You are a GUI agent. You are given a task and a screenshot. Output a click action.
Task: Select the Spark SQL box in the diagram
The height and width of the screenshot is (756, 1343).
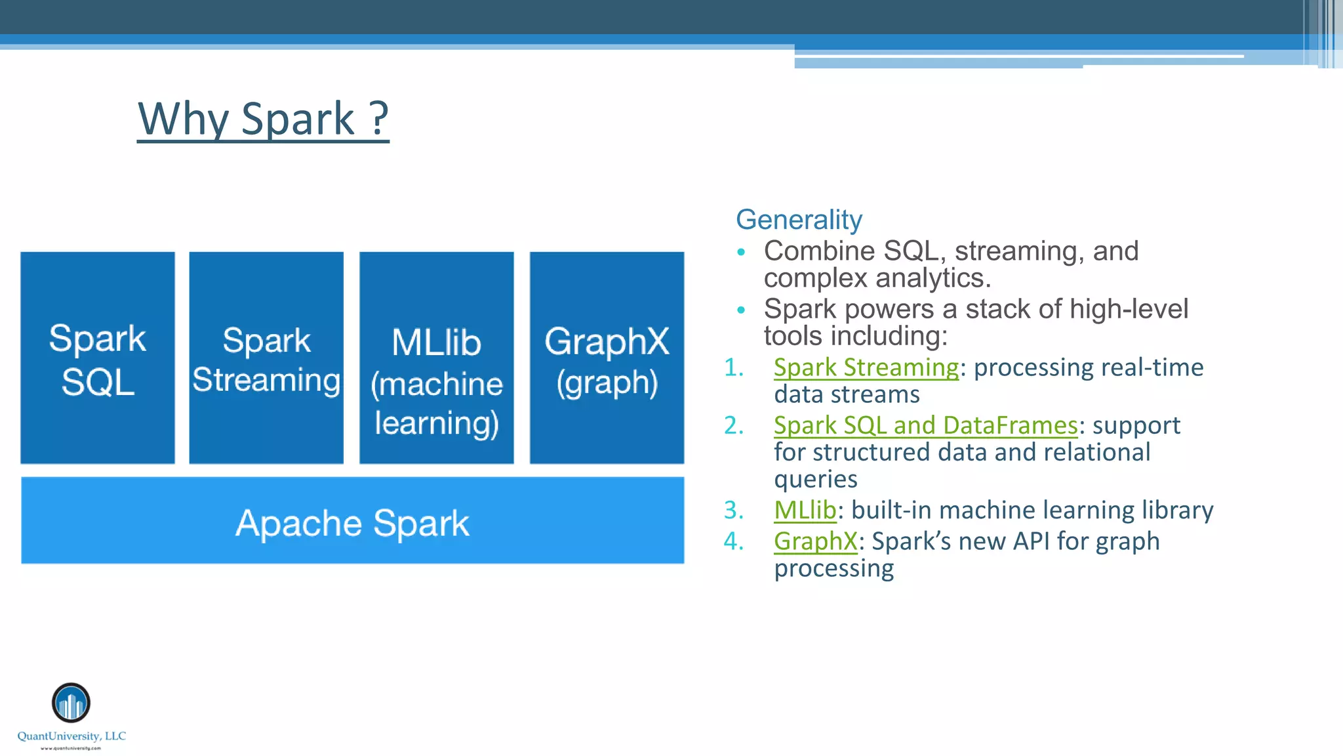[x=98, y=358]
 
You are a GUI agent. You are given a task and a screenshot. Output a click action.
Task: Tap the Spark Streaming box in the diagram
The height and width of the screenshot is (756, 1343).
[x=266, y=358]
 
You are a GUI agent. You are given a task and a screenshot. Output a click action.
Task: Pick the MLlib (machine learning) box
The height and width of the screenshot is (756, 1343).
[x=437, y=358]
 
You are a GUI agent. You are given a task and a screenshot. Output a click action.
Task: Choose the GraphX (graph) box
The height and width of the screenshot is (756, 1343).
[x=607, y=358]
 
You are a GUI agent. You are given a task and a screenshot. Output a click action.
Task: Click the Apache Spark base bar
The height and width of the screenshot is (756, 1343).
[x=352, y=521]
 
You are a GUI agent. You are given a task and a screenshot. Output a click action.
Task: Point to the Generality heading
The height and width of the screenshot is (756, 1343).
[x=799, y=220]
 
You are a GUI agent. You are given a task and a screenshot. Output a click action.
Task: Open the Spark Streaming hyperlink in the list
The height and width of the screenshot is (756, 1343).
[x=866, y=367]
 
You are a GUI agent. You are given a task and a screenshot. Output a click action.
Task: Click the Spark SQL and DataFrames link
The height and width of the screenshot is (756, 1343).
[x=925, y=425]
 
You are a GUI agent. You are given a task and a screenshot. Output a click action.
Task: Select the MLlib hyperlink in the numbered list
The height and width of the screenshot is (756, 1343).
[x=805, y=510]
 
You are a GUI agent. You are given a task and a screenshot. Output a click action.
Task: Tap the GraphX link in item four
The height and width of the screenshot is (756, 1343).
[x=815, y=541]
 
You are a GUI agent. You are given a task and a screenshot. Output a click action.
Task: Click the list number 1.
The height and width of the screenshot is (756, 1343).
[x=734, y=367]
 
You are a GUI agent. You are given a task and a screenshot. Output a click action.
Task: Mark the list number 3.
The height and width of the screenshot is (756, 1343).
[x=734, y=510]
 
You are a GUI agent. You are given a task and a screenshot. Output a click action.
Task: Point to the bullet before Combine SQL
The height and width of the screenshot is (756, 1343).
[x=741, y=252]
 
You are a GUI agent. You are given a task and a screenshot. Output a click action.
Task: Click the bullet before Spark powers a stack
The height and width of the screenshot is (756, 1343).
[x=741, y=310]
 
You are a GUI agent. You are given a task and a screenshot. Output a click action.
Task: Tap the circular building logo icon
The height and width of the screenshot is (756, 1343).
[x=71, y=703]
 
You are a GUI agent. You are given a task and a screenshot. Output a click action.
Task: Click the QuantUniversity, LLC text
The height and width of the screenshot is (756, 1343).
[x=71, y=736]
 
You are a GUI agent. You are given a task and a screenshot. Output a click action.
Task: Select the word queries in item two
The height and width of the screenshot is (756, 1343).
[x=815, y=480]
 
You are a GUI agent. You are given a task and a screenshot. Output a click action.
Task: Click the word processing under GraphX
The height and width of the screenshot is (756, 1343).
[x=833, y=568]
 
